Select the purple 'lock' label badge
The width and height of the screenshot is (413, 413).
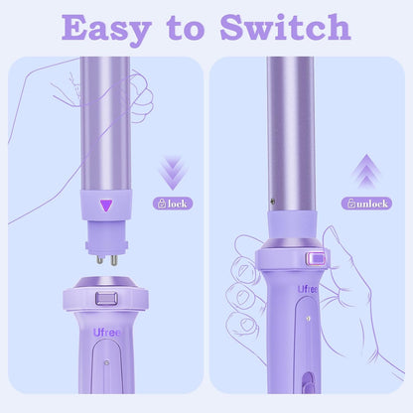(x=171, y=203)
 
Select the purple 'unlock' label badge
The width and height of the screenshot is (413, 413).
(x=365, y=203)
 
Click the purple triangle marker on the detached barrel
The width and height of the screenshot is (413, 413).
(x=105, y=206)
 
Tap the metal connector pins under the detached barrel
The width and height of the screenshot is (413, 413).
(x=105, y=257)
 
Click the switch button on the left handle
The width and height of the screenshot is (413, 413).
(x=105, y=298)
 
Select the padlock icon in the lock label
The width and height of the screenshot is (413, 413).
(x=160, y=203)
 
